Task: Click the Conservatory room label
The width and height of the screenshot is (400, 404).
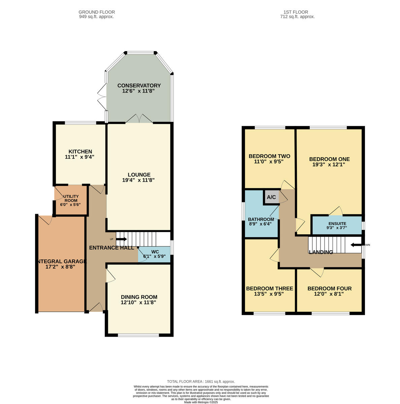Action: [x=139, y=86]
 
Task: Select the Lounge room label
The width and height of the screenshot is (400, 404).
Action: [x=139, y=175]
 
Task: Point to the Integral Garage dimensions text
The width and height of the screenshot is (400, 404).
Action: [x=60, y=267]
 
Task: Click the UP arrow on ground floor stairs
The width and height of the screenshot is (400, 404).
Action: [x=122, y=239]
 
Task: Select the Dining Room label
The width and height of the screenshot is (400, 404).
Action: [x=139, y=297]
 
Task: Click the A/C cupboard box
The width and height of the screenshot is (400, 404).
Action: [x=271, y=197]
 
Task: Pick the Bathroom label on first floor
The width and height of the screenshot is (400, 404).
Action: [x=261, y=219]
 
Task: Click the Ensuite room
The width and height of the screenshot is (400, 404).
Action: [x=337, y=225]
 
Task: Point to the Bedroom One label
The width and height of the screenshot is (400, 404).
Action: [x=329, y=159]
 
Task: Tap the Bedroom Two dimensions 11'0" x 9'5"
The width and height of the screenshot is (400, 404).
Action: [x=269, y=162]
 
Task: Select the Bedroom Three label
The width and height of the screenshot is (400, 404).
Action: [x=269, y=289]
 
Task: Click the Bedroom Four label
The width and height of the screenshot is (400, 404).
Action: [x=329, y=289]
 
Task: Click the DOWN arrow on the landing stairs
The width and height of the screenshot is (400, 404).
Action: [x=356, y=245]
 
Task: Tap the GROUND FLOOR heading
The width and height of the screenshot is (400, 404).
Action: [x=96, y=12]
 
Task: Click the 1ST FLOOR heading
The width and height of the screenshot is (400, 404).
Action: [x=297, y=12]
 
